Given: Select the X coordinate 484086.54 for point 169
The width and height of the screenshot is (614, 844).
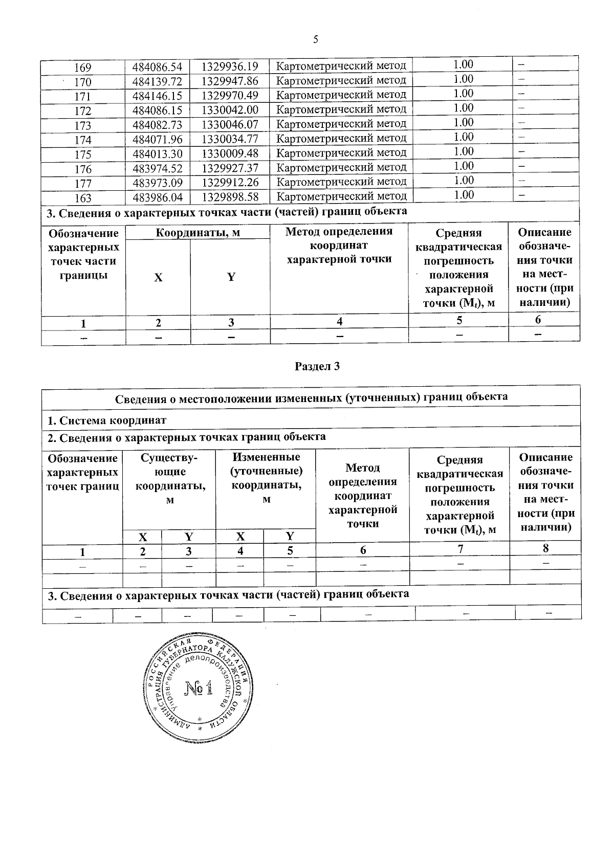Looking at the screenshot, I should click(157, 66).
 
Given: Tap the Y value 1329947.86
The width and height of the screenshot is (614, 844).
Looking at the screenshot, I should click(229, 81).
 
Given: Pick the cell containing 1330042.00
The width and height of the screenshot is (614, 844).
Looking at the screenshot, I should click(229, 110).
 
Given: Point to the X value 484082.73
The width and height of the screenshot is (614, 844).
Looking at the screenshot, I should click(157, 124).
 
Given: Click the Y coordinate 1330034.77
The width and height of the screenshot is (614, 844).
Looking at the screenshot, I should click(229, 139).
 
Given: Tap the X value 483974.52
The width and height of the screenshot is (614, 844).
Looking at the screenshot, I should click(157, 168).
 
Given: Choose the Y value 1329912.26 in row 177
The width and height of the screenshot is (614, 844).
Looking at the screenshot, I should click(229, 182).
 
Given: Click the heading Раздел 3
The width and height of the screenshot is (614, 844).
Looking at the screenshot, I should click(317, 366).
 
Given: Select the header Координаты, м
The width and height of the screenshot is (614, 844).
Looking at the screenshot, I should click(198, 233).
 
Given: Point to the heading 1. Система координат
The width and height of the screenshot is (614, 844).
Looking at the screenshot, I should click(107, 421).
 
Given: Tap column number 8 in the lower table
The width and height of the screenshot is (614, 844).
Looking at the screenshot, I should click(545, 548).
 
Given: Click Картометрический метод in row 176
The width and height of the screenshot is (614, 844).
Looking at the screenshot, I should click(341, 167).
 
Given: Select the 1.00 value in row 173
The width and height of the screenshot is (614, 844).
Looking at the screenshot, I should click(463, 122).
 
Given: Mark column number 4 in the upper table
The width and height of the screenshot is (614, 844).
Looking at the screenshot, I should click(339, 321).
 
